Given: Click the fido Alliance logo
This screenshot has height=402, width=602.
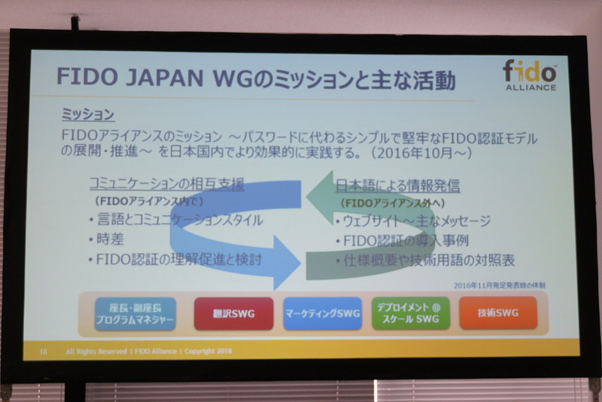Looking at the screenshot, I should (530, 75).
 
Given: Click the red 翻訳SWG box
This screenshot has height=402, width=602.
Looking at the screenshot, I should (233, 314).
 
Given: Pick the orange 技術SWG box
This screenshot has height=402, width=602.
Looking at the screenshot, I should (498, 312).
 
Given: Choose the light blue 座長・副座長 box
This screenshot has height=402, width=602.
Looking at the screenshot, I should (135, 314).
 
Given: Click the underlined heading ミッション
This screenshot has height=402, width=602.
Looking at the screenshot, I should (87, 115).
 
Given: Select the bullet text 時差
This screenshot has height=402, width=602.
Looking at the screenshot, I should (112, 239).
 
